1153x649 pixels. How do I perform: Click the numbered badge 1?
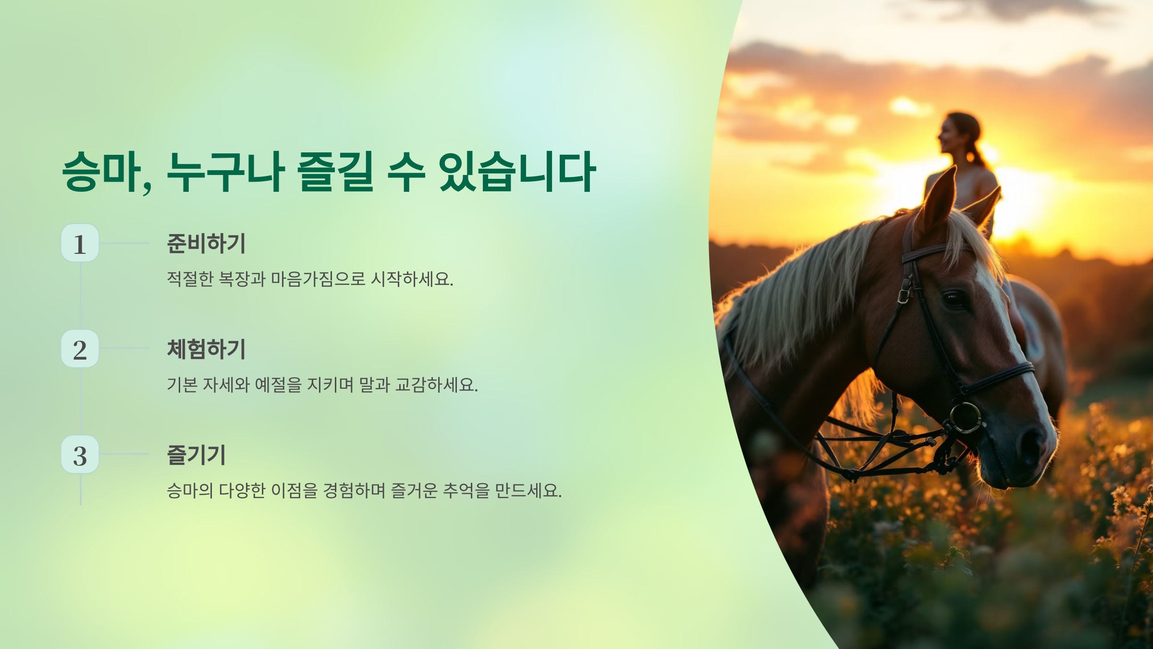click(x=80, y=243)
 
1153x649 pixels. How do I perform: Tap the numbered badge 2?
click(x=80, y=349)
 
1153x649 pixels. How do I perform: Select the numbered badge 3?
click(x=80, y=454)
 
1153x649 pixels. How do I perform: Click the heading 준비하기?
click(x=206, y=243)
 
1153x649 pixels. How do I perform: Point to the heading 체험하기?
click(x=206, y=349)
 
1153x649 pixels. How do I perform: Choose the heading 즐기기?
click(x=196, y=455)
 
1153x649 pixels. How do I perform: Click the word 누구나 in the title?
click(x=226, y=171)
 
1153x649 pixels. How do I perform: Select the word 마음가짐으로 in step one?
click(x=318, y=279)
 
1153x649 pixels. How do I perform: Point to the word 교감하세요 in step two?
click(x=436, y=385)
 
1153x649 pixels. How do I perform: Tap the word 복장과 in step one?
click(x=242, y=279)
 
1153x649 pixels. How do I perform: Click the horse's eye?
click(x=954, y=299)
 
